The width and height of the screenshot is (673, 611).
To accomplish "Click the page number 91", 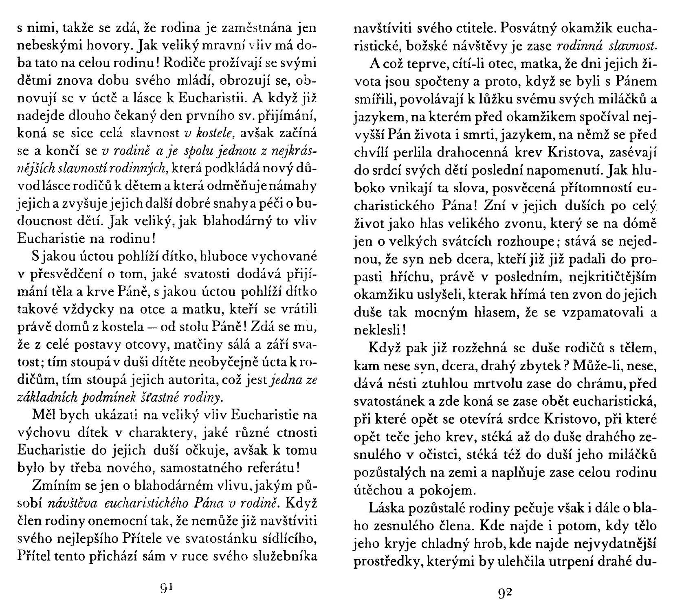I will tap(167, 587).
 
